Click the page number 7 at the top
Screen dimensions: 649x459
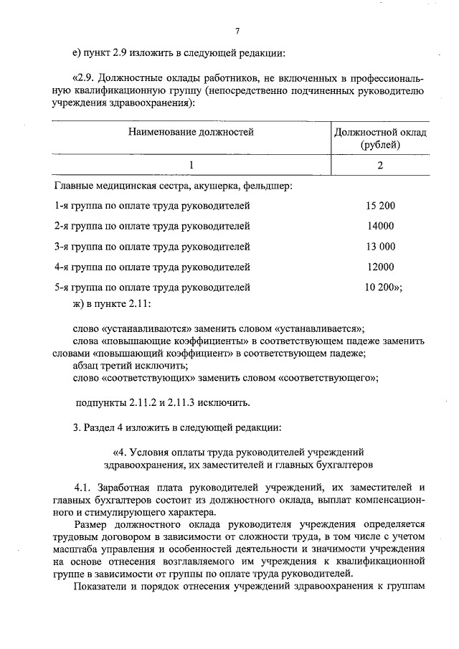237,29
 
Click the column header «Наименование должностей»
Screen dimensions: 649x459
191,132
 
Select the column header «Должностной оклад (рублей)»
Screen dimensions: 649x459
380,138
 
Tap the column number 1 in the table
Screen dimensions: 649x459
191,166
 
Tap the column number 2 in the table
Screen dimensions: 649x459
380,166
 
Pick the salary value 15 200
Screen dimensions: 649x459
380,206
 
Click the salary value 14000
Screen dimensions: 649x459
380,227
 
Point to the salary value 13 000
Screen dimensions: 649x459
380,247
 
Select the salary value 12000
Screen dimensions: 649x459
380,267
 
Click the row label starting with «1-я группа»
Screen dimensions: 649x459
152,206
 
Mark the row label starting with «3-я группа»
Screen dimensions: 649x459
152,247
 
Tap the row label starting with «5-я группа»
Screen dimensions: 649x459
152,288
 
